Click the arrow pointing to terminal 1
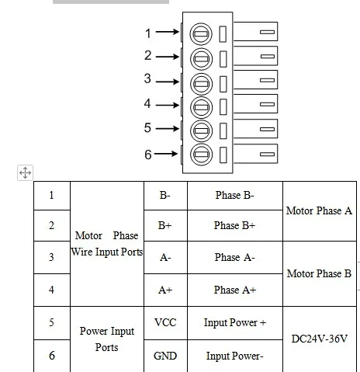(x=168, y=32)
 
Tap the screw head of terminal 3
(x=201, y=84)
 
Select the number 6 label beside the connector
(x=148, y=155)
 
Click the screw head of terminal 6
(x=201, y=155)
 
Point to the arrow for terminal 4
(x=168, y=105)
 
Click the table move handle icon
(x=25, y=172)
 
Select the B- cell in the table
(x=165, y=196)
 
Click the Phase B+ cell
(x=235, y=225)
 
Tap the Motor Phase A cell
(x=320, y=211)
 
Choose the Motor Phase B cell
(x=320, y=273)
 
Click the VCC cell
(x=165, y=323)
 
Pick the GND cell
(x=165, y=356)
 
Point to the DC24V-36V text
(x=320, y=339)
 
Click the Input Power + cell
(x=235, y=323)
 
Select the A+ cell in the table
(x=165, y=290)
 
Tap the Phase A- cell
(x=235, y=258)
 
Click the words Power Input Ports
(x=107, y=339)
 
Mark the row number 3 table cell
(x=52, y=257)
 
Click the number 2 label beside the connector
(x=148, y=55)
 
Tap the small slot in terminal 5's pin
(x=267, y=129)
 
